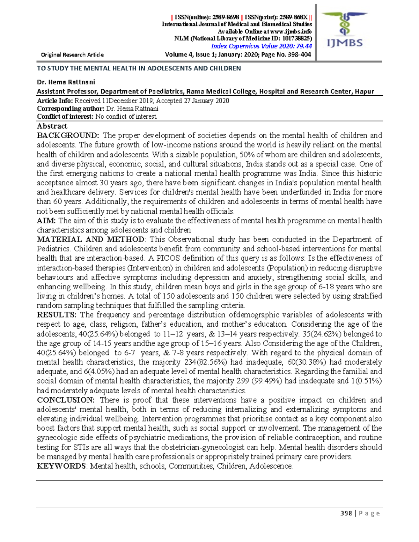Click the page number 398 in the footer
pyautogui.click(x=346, y=513)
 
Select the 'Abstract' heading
pyautogui.click(x=52, y=126)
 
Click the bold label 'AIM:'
pyautogui.click(x=46, y=221)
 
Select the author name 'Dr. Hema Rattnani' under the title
pyautogui.click(x=66, y=82)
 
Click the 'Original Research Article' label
pyautogui.click(x=72, y=55)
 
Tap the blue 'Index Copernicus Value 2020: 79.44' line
pyautogui.click(x=262, y=46)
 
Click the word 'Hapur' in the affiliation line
pyautogui.click(x=365, y=91)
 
